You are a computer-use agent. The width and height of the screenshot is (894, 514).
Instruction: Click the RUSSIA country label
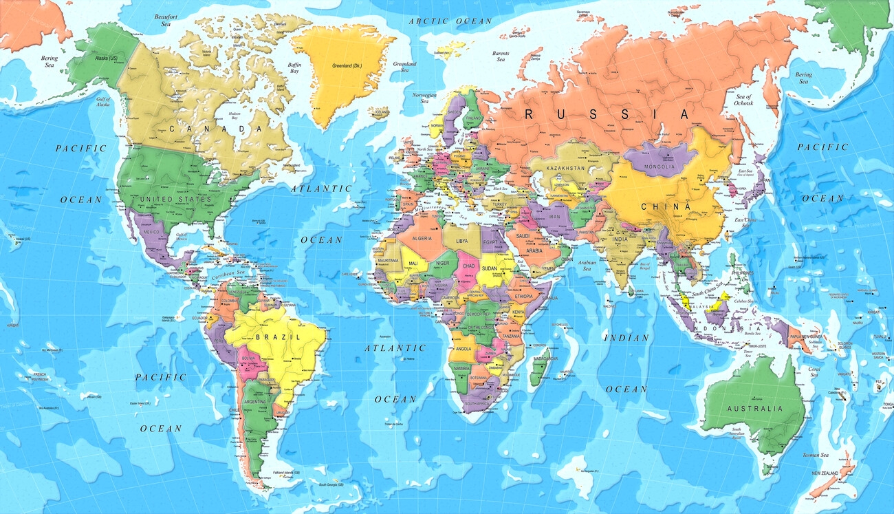click(607, 114)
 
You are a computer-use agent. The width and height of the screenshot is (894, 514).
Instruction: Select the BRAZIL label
click(278, 337)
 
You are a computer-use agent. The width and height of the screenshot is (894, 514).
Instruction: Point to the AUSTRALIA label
click(755, 408)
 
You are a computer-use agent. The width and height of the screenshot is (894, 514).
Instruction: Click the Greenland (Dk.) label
click(347, 65)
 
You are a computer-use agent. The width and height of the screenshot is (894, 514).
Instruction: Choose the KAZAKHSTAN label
click(566, 168)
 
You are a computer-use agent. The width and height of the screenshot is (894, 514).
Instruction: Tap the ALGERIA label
click(422, 238)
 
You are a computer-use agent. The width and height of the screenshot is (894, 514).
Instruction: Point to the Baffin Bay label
click(294, 67)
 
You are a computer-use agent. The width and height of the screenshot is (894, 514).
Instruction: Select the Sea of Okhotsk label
click(744, 100)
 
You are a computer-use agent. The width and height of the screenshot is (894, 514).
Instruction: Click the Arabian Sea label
click(587, 265)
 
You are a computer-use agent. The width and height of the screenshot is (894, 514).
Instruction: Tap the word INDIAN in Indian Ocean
click(626, 338)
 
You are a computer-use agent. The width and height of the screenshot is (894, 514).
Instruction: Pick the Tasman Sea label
click(815, 455)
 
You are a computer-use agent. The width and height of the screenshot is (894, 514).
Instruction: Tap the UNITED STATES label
click(176, 199)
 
